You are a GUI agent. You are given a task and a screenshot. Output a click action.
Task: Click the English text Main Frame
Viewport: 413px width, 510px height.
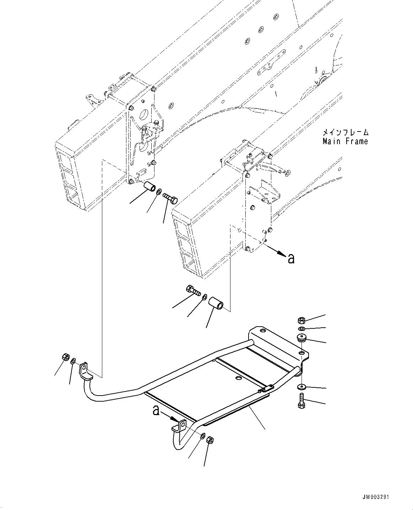(345, 141)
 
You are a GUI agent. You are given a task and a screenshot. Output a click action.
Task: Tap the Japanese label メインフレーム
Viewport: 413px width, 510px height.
(345, 133)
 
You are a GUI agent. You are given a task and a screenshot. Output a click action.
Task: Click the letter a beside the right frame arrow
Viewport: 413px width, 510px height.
(291, 258)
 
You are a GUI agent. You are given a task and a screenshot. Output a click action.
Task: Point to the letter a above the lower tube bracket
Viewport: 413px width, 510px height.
(155, 411)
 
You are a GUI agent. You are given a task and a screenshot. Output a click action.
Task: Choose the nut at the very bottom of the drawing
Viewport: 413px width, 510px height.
(210, 440)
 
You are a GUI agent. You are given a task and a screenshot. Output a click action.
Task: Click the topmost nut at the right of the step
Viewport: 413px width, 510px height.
(300, 319)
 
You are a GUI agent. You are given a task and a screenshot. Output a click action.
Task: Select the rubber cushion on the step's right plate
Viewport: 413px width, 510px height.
(301, 337)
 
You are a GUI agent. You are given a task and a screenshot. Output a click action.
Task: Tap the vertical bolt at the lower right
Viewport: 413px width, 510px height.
(301, 401)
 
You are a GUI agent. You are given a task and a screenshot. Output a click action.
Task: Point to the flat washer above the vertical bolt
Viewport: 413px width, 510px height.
(301, 386)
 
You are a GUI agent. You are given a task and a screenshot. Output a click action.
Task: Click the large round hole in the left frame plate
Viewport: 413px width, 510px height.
(144, 115)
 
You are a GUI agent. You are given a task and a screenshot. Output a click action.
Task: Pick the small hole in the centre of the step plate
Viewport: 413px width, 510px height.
(237, 379)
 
